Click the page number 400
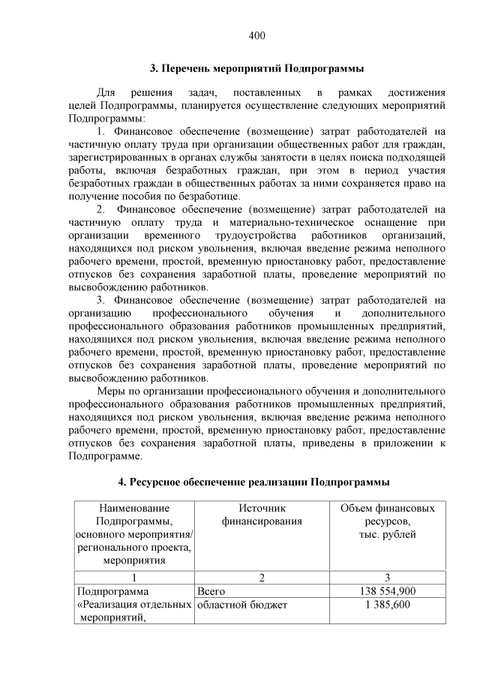256,35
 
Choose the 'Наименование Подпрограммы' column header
133,533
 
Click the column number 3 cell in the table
387,578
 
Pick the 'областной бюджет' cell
242,605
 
